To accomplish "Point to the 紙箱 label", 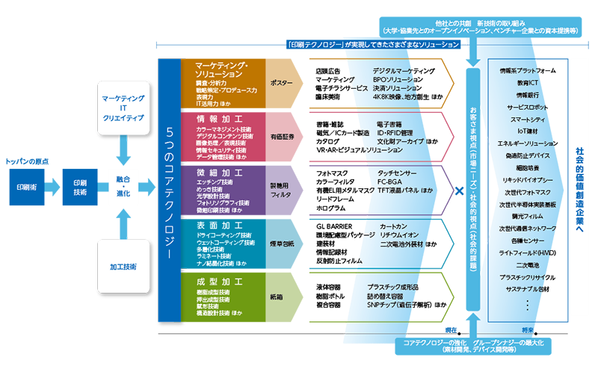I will [277, 297].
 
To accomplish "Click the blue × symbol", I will [460, 191].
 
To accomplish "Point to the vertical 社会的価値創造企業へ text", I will [579, 191].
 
